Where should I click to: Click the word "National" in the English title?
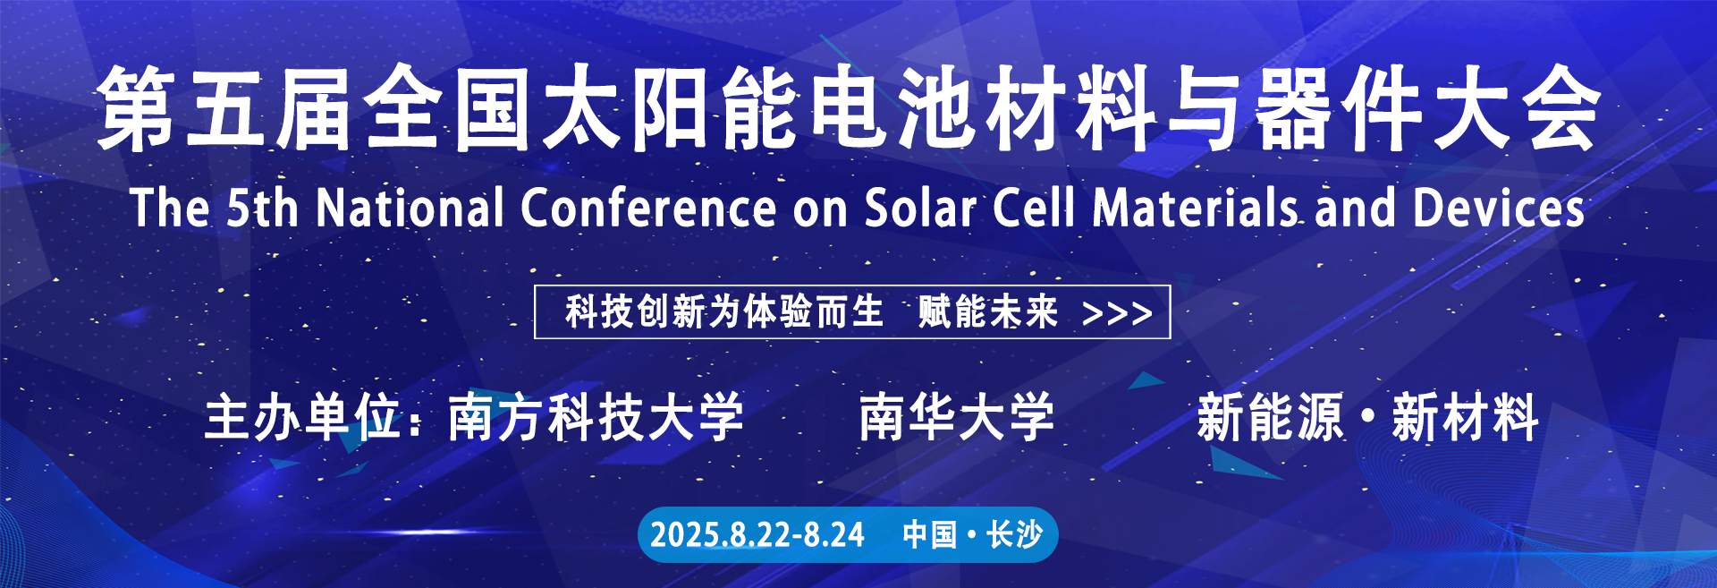point(410,208)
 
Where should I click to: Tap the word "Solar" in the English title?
point(919,208)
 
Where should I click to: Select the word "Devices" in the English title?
point(1499,208)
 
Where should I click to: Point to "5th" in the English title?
point(262,208)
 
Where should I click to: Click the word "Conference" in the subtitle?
point(648,208)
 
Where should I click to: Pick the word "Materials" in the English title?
point(1196,208)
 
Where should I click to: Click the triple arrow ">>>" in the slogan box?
point(1117,313)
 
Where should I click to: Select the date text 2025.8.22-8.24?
point(757,535)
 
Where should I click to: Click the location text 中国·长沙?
point(973,535)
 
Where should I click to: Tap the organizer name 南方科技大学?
point(596,417)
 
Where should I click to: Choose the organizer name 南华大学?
point(957,417)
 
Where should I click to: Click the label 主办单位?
point(302,417)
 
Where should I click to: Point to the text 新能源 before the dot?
point(1271,417)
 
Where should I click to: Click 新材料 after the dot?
point(1465,417)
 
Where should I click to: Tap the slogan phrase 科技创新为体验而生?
point(724,312)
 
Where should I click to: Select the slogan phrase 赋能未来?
point(988,312)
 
